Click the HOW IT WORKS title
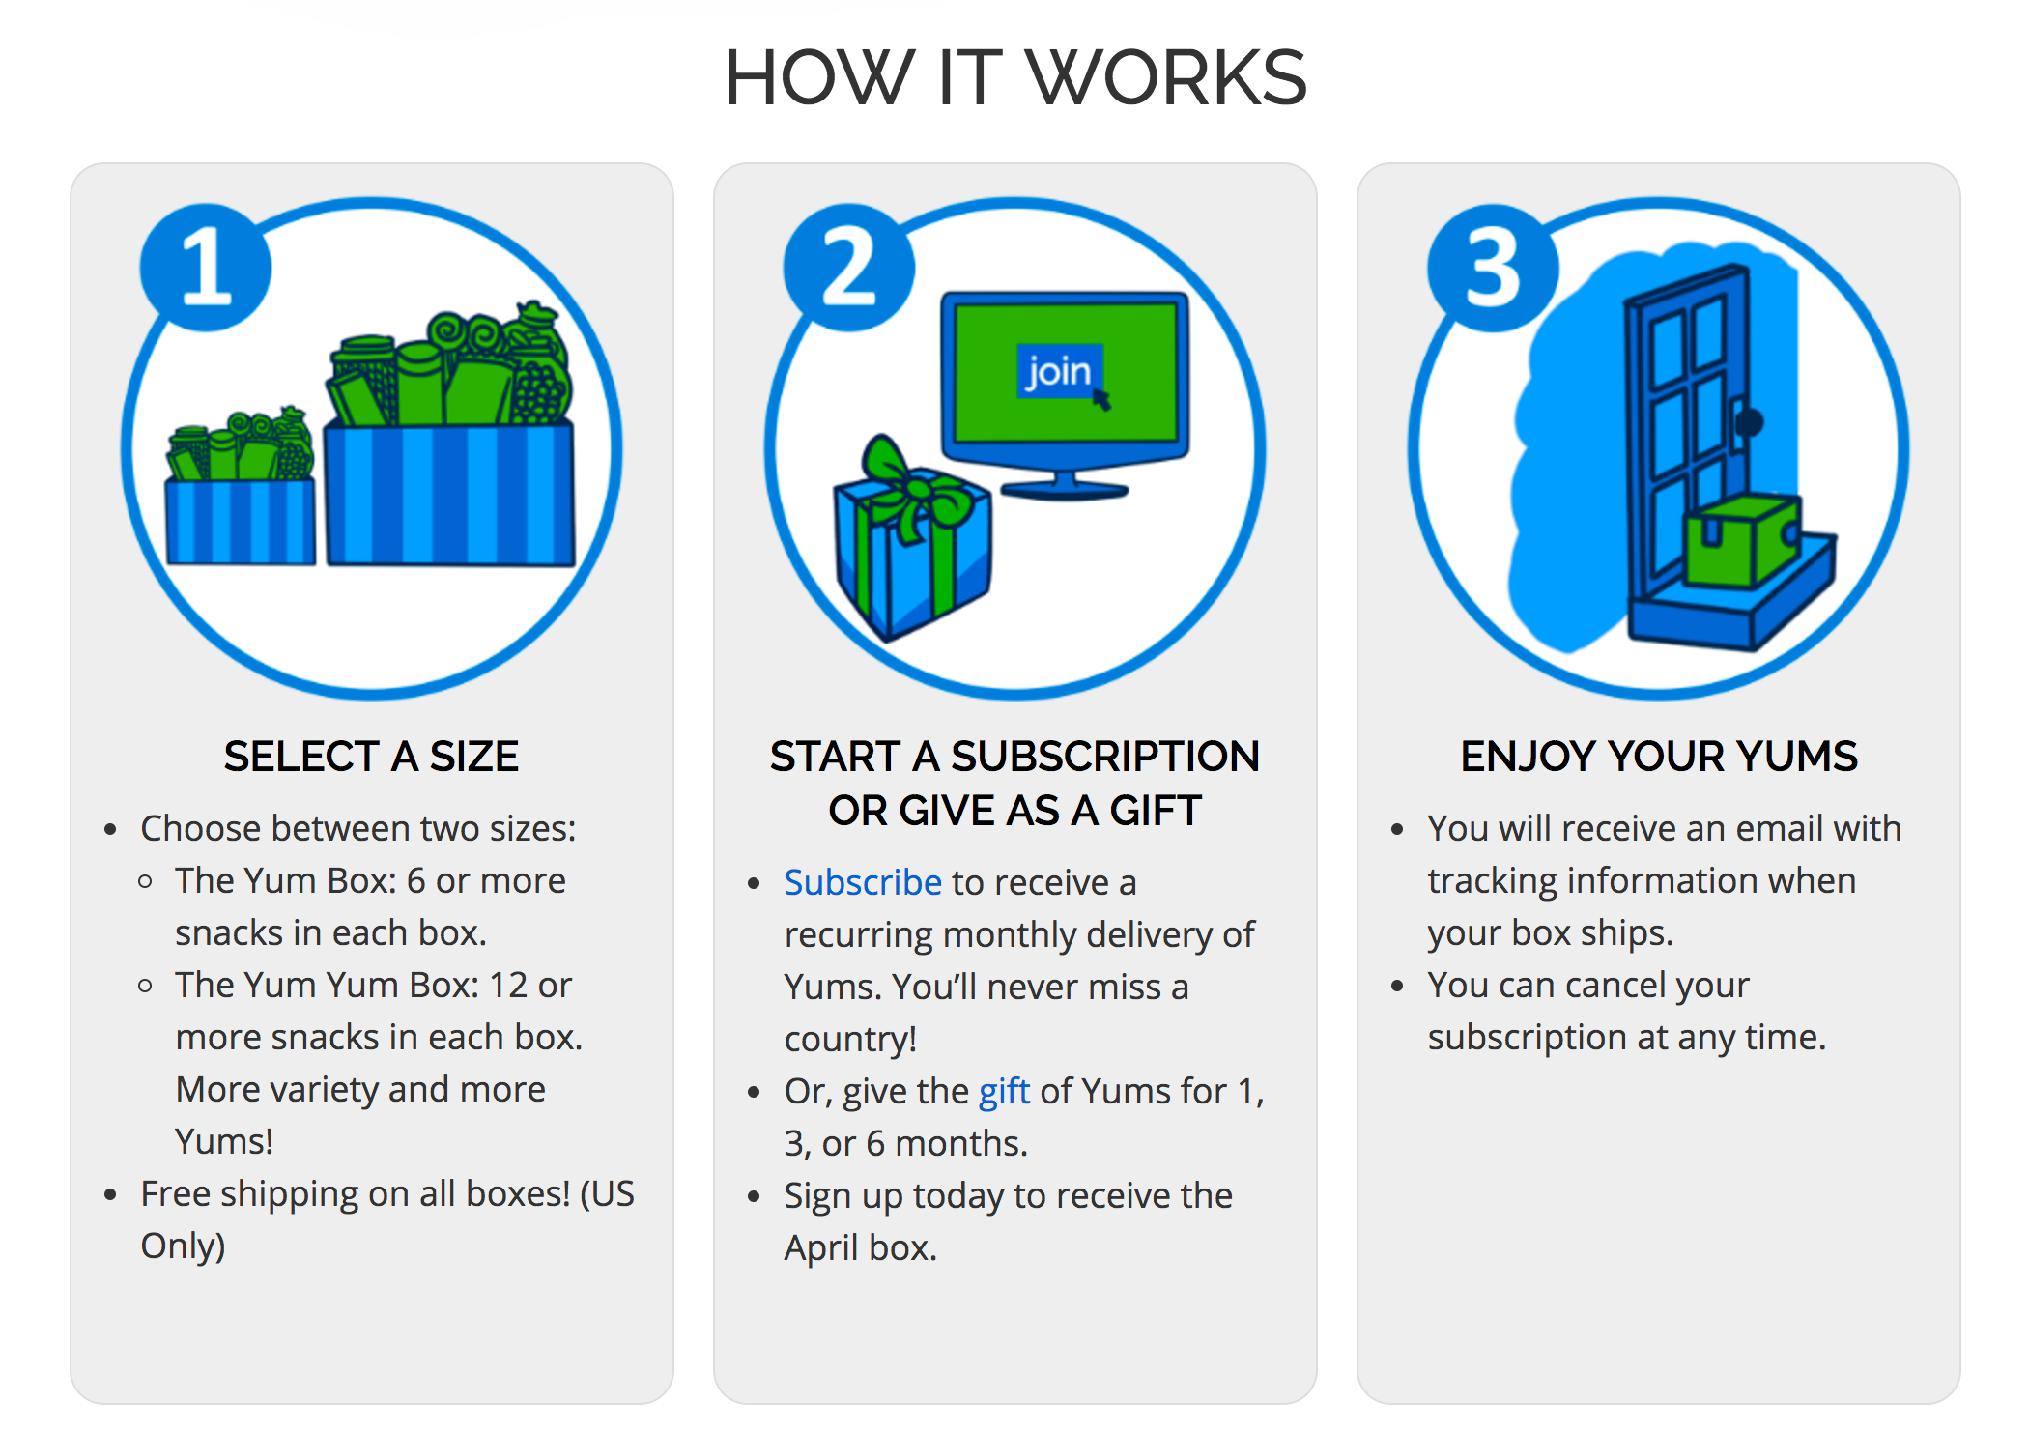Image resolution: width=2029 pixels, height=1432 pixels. (x=1015, y=77)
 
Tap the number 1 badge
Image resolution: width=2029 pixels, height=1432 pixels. (x=206, y=268)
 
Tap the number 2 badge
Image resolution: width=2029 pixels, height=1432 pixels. (x=849, y=268)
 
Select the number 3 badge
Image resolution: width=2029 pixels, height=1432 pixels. (x=1493, y=268)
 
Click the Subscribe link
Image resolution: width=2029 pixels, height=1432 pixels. (x=863, y=882)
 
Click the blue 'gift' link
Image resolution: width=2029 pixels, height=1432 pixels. (x=1004, y=1092)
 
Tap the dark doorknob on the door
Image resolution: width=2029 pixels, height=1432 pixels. (x=1749, y=422)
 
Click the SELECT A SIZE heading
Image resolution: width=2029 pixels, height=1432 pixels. (x=371, y=756)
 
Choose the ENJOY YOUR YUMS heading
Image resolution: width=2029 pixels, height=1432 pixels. (x=1659, y=756)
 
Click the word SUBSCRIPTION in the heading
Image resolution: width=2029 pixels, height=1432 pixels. (x=1105, y=756)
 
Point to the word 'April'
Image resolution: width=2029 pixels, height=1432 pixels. (x=822, y=1248)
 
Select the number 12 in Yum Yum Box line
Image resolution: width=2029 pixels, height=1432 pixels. (x=508, y=985)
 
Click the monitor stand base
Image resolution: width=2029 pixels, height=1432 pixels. (x=1064, y=490)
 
